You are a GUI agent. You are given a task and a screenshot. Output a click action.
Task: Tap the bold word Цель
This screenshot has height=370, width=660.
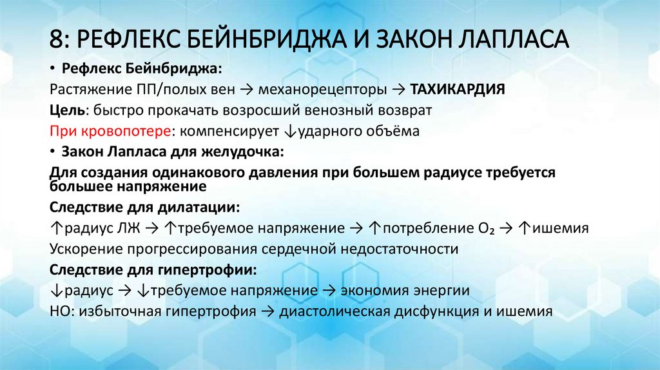(65, 110)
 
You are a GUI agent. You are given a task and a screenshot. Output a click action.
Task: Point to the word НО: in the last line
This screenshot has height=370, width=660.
(63, 311)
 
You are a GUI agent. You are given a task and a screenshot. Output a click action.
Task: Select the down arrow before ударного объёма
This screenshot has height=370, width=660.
(287, 131)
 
